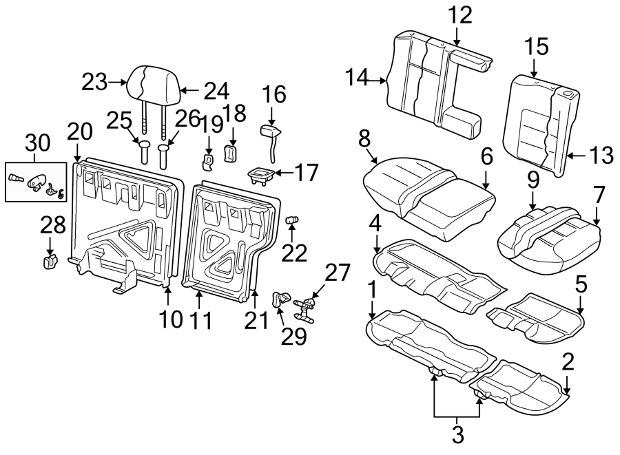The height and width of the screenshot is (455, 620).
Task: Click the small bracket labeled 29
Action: click(280, 299)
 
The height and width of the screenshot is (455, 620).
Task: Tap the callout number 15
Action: click(535, 47)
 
